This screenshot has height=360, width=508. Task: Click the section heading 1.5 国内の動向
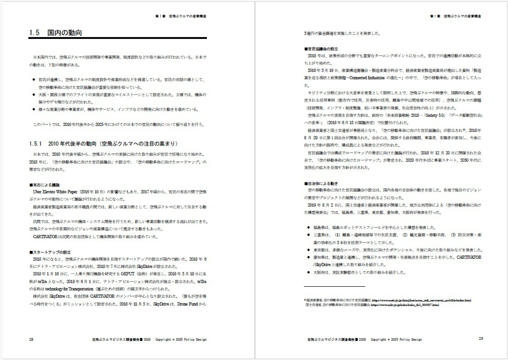click(x=55, y=33)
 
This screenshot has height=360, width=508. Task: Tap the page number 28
click(x=31, y=339)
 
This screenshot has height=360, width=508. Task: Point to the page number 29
click(x=481, y=339)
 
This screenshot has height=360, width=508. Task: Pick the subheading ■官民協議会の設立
click(x=321, y=49)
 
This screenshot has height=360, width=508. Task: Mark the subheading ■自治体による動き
click(x=321, y=183)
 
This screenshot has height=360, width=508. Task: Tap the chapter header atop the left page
click(x=180, y=16)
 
